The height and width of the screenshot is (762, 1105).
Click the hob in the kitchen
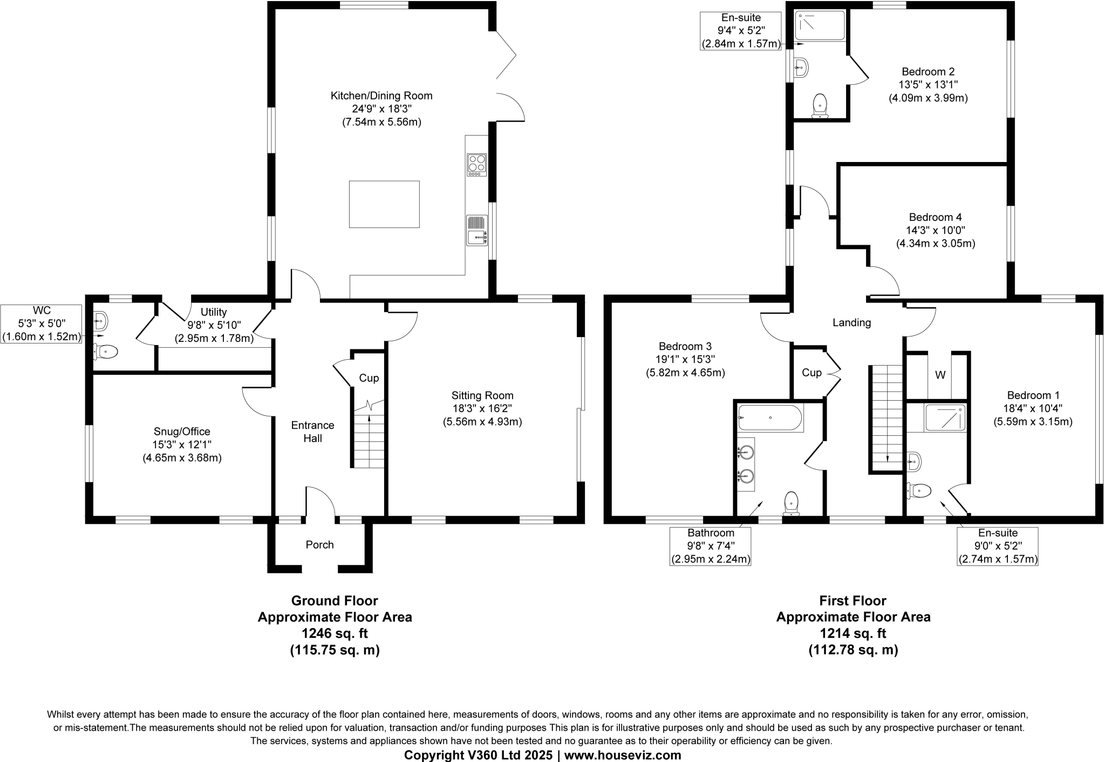tap(476, 165)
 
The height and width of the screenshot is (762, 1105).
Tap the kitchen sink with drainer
tap(477, 230)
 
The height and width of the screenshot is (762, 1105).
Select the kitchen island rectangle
tap(384, 204)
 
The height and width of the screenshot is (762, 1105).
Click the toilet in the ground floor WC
tap(105, 352)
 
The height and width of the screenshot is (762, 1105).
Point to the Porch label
tap(319, 544)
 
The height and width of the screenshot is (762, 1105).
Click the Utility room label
tap(214, 312)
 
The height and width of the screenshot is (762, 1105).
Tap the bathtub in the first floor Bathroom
tap(770, 417)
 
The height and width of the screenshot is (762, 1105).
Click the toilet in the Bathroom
tap(791, 502)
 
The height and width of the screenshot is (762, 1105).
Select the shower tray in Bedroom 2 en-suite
tap(820, 25)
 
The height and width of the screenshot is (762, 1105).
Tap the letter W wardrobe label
tap(940, 375)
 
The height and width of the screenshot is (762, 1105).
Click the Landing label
tap(851, 322)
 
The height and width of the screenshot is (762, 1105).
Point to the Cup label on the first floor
tap(811, 372)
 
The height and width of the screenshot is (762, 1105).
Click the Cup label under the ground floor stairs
tap(369, 377)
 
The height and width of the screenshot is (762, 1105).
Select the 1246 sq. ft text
tap(335, 633)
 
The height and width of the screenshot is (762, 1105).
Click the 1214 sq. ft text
tap(852, 633)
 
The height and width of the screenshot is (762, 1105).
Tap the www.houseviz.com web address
tap(623, 755)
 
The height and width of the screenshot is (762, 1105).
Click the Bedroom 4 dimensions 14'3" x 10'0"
tap(935, 230)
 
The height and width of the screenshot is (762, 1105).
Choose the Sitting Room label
tap(482, 395)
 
